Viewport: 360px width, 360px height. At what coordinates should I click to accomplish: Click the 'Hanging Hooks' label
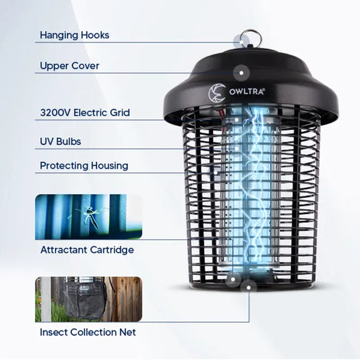(75, 35)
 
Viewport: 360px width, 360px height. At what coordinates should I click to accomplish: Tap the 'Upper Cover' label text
(69, 66)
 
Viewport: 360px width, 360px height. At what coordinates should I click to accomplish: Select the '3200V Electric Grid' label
(85, 113)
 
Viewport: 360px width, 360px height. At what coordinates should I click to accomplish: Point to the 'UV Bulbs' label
(60, 141)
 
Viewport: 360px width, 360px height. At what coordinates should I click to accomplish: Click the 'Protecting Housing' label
(84, 166)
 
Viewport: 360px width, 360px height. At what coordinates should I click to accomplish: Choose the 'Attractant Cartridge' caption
(87, 250)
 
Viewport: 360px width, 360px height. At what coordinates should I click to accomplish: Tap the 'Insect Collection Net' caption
(88, 332)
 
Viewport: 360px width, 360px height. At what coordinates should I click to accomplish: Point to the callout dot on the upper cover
(241, 73)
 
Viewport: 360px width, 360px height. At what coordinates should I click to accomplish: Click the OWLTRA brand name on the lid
(247, 92)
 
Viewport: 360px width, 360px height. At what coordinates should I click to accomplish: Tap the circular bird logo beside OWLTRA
(217, 92)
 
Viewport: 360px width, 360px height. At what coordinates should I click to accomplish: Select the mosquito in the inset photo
(91, 216)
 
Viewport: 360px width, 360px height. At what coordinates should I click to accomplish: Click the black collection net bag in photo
(85, 300)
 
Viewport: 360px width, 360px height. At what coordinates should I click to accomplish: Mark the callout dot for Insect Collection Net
(249, 287)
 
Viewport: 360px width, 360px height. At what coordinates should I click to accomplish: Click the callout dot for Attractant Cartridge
(233, 279)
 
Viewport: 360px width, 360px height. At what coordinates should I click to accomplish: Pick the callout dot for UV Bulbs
(237, 148)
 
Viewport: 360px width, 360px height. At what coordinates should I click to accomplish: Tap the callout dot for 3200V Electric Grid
(237, 120)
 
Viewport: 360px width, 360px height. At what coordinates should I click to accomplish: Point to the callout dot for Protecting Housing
(216, 172)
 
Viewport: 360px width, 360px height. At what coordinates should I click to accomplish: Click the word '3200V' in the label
(55, 113)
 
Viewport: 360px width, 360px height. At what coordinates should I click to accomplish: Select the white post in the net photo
(46, 299)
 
